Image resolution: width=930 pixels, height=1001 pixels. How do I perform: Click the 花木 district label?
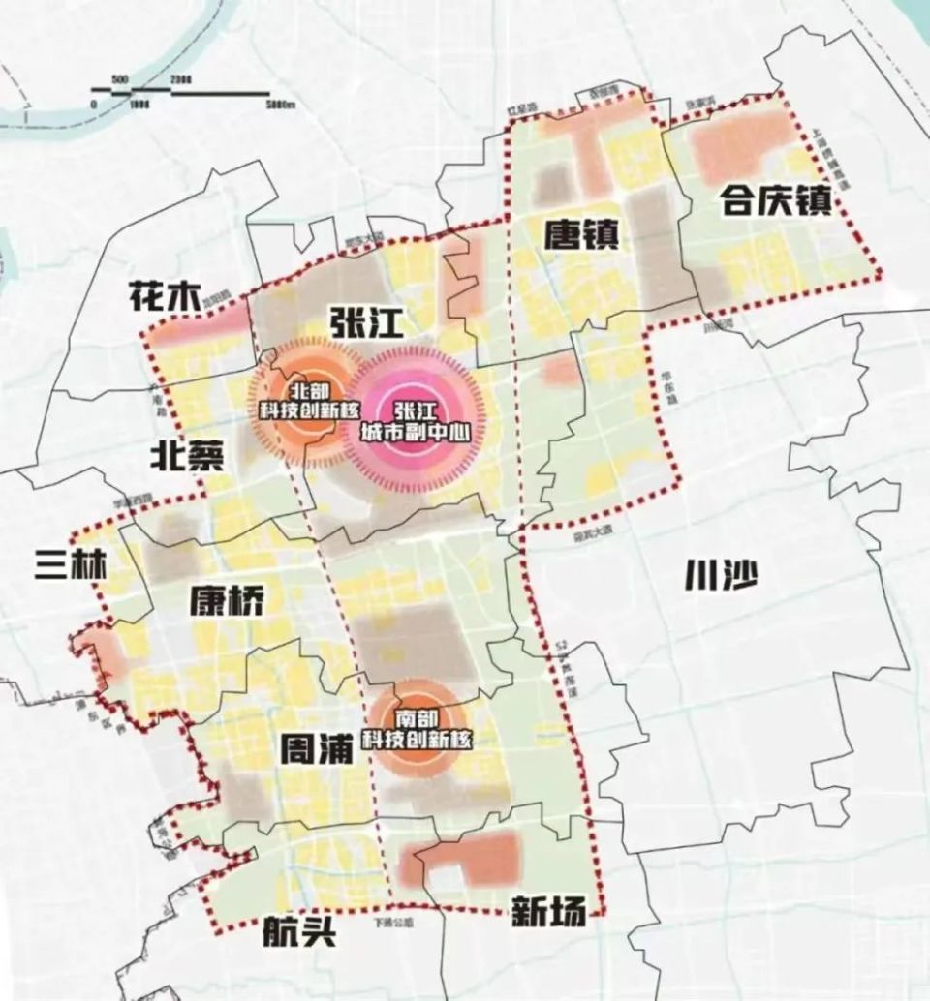161,298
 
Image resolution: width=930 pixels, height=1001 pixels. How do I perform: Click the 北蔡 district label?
187,455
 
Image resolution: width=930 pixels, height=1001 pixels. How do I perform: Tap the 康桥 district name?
226,600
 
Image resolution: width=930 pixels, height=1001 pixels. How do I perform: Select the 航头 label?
299,932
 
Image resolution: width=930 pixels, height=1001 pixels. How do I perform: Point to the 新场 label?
547,911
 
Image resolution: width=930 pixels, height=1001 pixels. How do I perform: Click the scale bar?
184,93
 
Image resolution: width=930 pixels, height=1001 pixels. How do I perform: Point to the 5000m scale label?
278,105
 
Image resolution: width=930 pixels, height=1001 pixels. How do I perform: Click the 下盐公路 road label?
397,922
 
